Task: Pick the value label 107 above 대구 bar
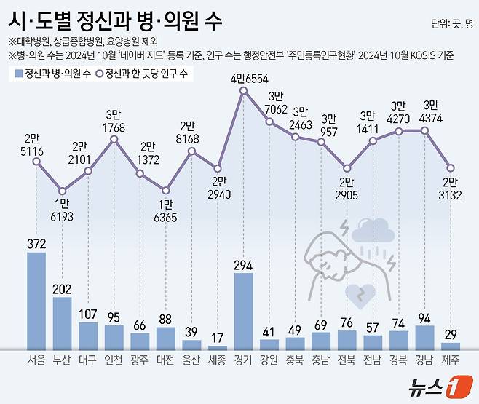tap(88, 314)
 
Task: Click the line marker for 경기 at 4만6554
tap(243, 91)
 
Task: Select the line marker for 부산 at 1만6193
tap(63, 191)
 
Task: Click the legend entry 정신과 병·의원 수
tap(54, 74)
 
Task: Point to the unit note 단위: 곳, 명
tap(451, 24)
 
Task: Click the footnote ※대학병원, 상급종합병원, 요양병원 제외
tap(83, 41)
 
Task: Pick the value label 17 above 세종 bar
tap(218, 338)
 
